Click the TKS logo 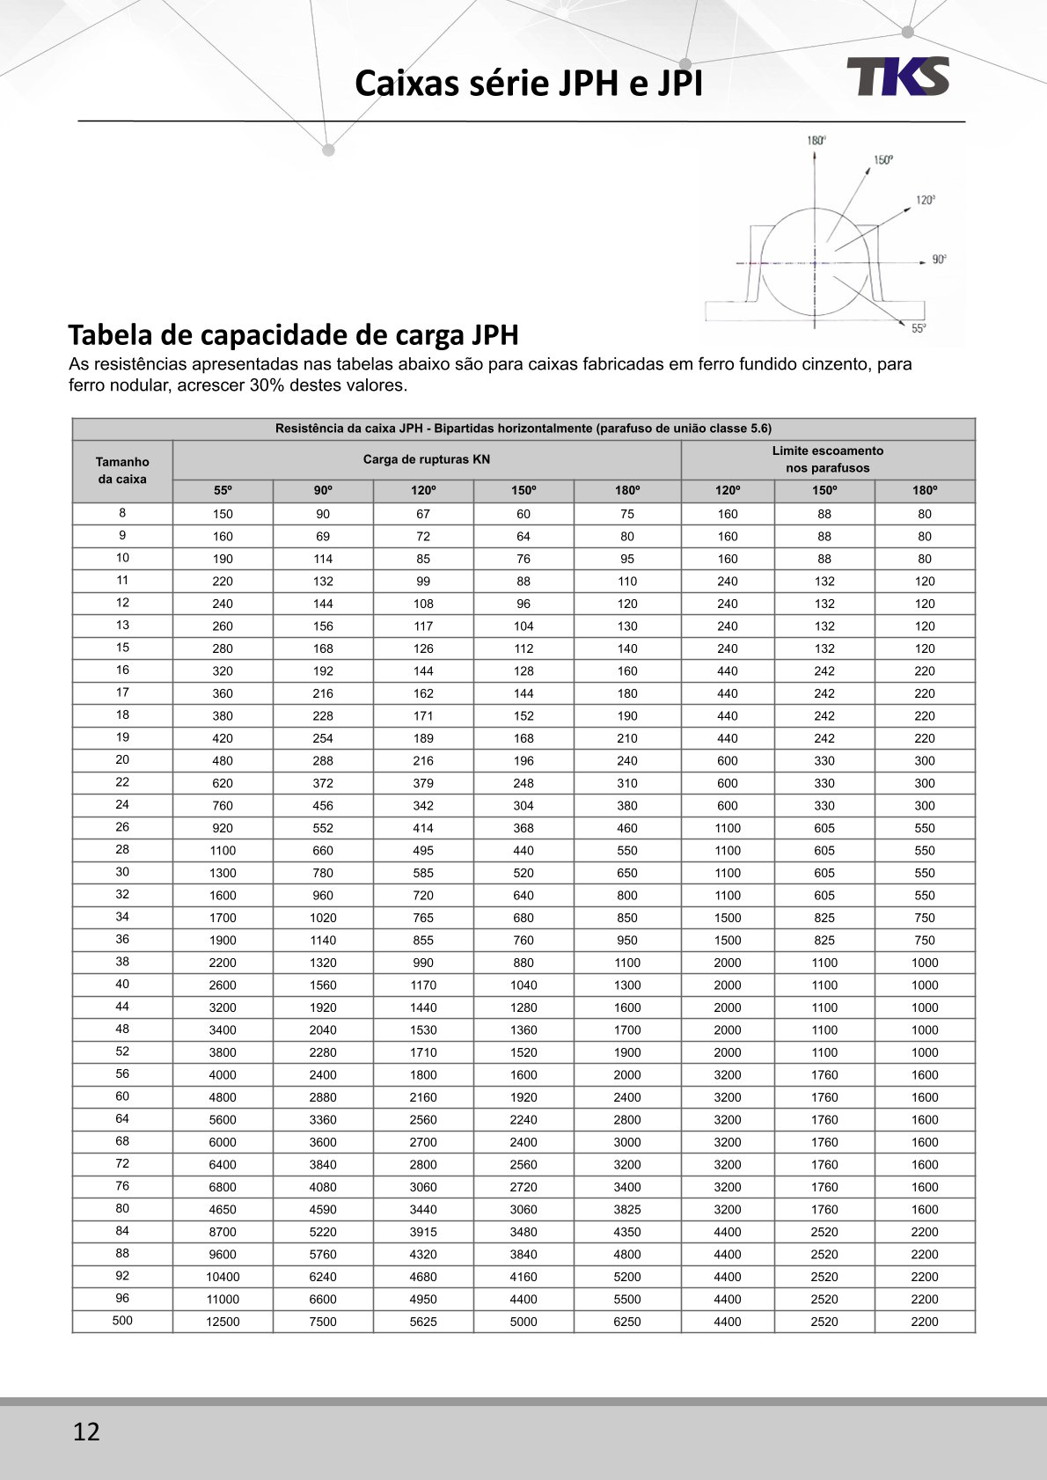coord(898,77)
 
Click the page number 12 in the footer coord(86,1432)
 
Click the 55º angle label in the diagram coord(919,328)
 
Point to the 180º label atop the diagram coord(816,141)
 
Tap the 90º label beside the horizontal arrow coord(939,260)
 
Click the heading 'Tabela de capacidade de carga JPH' coord(293,335)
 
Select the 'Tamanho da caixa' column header coord(122,471)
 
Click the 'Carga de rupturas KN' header coord(426,459)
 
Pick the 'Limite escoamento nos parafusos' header coord(827,459)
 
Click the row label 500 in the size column coord(122,1320)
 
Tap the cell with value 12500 coord(223,1322)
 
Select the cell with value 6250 coord(626,1322)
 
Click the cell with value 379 coord(423,783)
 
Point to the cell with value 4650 coord(223,1210)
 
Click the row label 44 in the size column coord(122,1007)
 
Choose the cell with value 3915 coord(423,1232)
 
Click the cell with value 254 coord(323,738)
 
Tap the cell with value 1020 coord(323,918)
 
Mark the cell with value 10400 coord(223,1277)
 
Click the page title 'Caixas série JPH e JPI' coord(529,84)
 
